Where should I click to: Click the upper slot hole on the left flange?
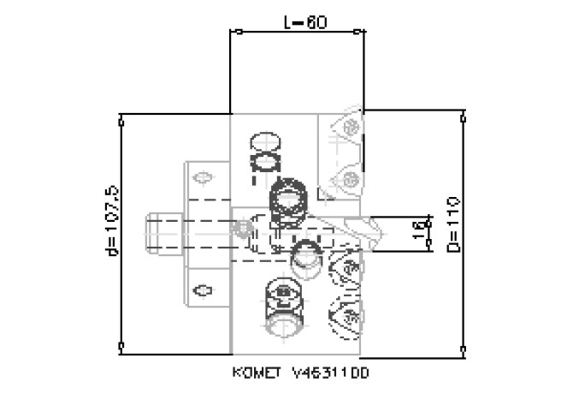(204, 178)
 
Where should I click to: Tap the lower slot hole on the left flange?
(203, 289)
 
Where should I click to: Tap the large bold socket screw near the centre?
(288, 200)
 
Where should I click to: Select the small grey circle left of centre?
(245, 227)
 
